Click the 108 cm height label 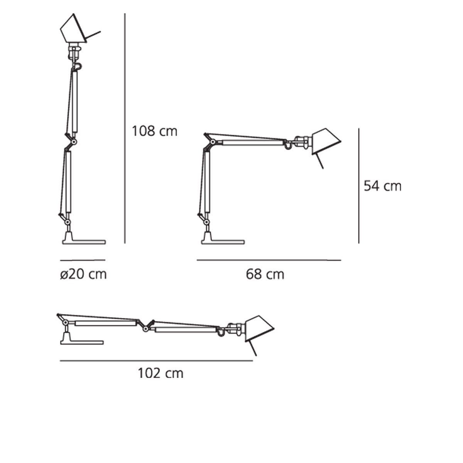pos(154,132)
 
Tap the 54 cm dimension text pos(382,186)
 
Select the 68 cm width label pos(265,274)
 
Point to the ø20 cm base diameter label pos(83,274)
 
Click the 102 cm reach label pos(161,373)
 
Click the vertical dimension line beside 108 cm pos(125,128)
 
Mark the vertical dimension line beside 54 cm pos(359,186)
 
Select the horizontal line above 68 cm pos(269,260)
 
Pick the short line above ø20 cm pos(83,260)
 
